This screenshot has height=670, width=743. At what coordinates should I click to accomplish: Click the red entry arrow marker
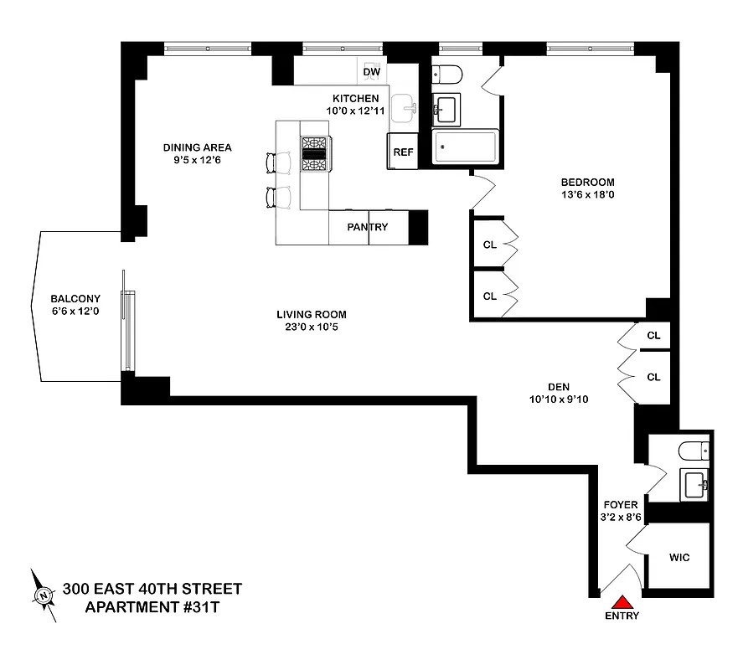click(622, 601)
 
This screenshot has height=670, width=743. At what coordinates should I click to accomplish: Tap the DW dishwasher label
click(372, 72)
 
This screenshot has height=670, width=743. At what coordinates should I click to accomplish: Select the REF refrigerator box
click(403, 152)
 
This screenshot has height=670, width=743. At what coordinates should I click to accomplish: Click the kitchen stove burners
click(316, 152)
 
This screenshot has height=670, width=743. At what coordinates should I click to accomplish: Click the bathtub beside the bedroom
click(466, 147)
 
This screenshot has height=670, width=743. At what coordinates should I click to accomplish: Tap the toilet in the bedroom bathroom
click(446, 75)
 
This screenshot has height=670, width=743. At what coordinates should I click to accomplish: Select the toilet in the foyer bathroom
click(694, 452)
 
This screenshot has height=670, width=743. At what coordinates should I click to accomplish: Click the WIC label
click(679, 557)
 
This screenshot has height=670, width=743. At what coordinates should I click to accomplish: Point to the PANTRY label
click(368, 227)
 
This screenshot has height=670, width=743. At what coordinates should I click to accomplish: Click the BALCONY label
click(75, 298)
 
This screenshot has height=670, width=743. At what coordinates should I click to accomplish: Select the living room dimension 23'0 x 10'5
click(312, 327)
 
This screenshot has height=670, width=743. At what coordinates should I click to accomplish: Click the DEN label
click(559, 386)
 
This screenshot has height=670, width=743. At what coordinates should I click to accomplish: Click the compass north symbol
click(43, 595)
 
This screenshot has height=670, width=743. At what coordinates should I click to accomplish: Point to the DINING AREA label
click(197, 147)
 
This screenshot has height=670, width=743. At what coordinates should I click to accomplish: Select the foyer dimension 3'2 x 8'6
click(621, 518)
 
